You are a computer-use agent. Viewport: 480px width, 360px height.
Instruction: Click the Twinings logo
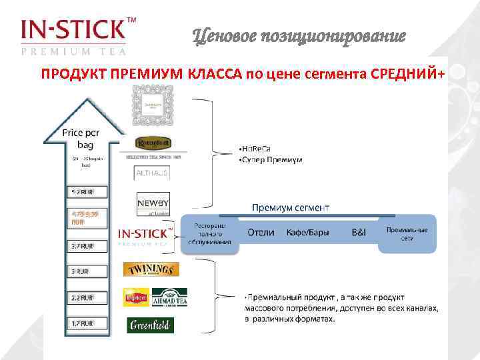[x=151, y=269]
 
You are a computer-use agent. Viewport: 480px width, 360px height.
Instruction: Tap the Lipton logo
[x=135, y=297]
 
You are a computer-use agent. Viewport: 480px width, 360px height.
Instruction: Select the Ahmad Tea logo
[x=169, y=297]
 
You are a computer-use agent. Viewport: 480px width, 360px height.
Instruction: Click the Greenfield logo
[x=150, y=325]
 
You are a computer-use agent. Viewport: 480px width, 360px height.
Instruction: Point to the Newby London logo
[x=153, y=204]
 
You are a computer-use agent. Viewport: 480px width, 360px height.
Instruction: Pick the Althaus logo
[x=152, y=173]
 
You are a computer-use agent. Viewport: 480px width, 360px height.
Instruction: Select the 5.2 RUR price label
[x=83, y=193]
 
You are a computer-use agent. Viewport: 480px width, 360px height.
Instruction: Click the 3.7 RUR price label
[x=83, y=246]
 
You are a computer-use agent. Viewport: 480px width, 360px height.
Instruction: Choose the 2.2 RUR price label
[x=83, y=297]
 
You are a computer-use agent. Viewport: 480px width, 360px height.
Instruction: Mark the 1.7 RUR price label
[x=83, y=323]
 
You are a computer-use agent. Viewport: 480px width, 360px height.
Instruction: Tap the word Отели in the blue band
[x=261, y=233]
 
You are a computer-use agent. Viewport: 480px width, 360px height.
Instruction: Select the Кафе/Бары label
[x=308, y=233]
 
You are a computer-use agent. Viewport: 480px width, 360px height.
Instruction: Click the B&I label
[x=359, y=233]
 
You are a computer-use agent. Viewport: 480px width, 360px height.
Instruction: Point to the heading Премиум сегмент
[x=291, y=207]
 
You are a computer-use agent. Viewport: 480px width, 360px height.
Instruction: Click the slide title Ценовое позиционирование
[x=299, y=37]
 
